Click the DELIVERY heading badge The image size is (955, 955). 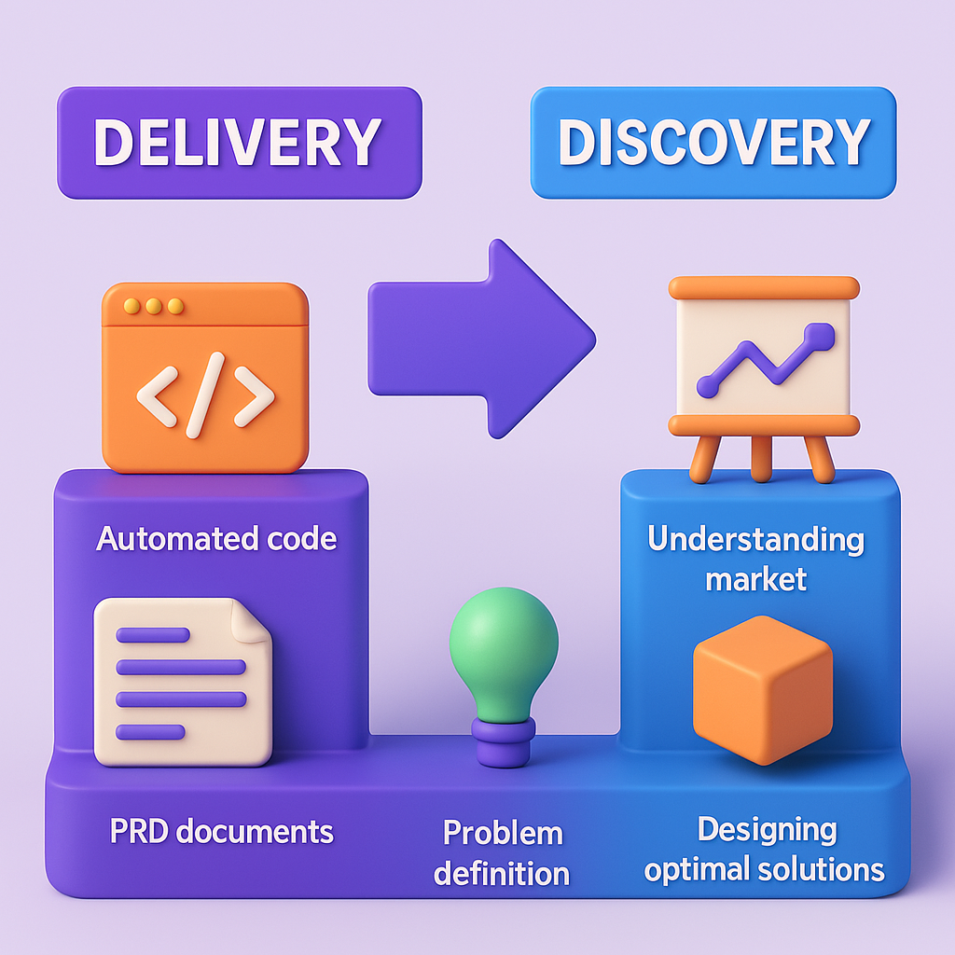(239, 143)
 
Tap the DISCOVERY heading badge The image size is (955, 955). (713, 143)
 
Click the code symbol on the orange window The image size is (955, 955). (205, 394)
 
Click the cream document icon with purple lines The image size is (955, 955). (183, 680)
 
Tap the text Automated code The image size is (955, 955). (216, 538)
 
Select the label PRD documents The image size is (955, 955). (222, 831)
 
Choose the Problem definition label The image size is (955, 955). (503, 852)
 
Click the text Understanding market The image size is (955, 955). (756, 559)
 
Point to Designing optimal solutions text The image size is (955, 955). (764, 849)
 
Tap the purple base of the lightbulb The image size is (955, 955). (503, 740)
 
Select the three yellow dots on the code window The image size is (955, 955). (153, 306)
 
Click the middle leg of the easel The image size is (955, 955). (762, 458)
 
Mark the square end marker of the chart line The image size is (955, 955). (819, 335)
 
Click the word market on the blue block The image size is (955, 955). (755, 579)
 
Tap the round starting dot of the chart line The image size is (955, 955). (709, 386)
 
